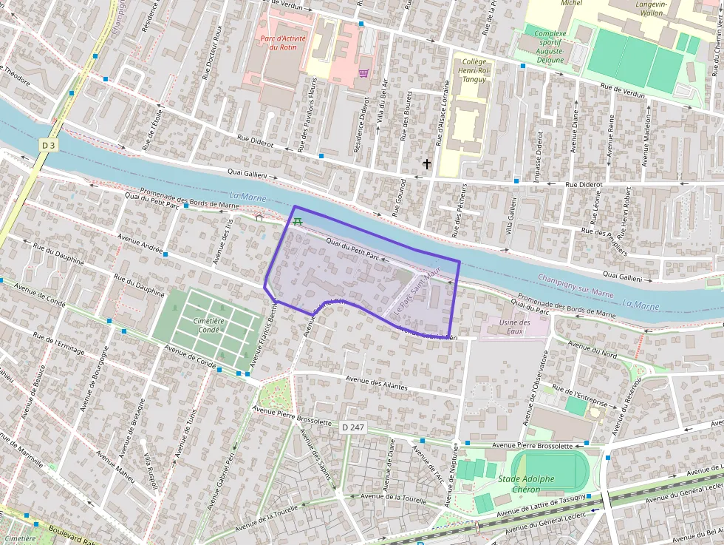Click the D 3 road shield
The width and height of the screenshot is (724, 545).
click(x=48, y=146)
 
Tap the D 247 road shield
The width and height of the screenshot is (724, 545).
click(x=354, y=427)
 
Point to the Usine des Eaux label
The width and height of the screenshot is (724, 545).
click(x=515, y=327)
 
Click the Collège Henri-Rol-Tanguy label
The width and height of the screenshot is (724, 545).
click(x=473, y=70)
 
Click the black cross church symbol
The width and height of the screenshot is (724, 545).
click(x=426, y=163)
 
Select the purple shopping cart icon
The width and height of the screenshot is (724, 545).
click(x=363, y=72)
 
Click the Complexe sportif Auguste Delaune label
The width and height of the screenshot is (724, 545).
click(x=550, y=46)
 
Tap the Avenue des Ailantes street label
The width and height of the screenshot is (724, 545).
click(x=377, y=382)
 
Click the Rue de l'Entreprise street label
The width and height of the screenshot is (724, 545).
click(x=580, y=396)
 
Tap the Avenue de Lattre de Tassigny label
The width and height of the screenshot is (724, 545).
click(x=541, y=505)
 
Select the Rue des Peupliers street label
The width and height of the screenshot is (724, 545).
click(x=604, y=240)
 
